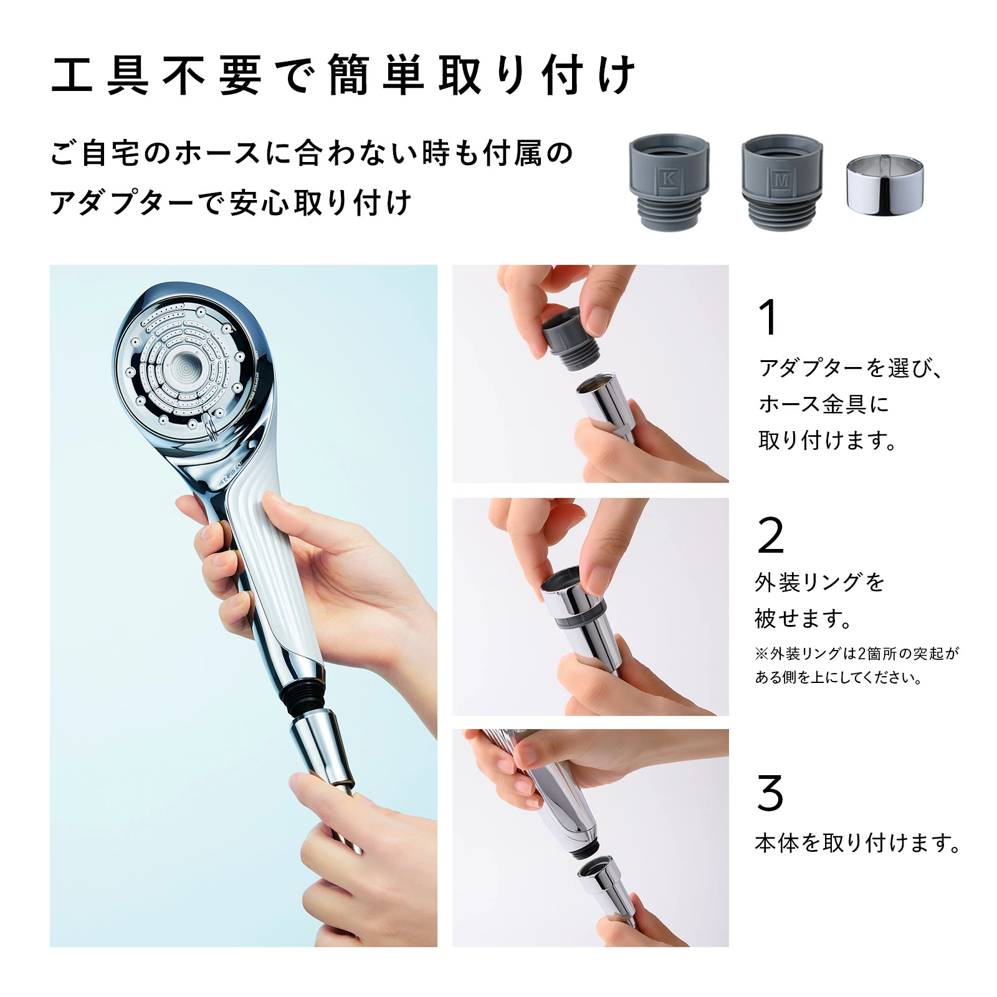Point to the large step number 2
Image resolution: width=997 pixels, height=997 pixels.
coord(770,535)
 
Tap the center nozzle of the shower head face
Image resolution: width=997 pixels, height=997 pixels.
coord(185,367)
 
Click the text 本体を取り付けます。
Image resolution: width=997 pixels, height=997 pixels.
coord(857,843)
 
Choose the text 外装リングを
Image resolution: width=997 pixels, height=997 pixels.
coord(819,583)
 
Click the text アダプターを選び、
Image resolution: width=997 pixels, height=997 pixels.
coord(851,368)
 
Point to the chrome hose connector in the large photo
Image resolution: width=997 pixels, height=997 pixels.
coord(321,748)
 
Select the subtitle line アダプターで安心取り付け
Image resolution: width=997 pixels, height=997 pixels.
coord(231,203)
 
